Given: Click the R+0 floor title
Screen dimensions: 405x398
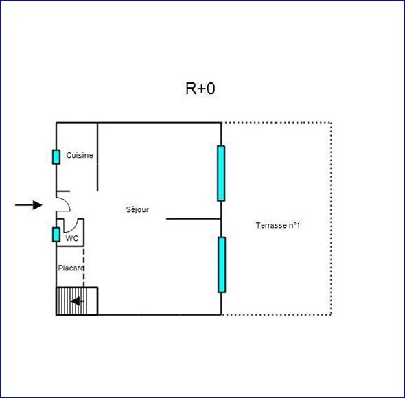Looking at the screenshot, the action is click(200, 89).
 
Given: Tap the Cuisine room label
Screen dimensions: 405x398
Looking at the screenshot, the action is click(80, 155).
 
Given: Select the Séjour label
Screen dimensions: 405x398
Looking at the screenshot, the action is click(137, 209).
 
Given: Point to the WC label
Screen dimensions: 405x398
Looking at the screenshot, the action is click(72, 238).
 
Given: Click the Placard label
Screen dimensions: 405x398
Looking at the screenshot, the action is click(71, 268).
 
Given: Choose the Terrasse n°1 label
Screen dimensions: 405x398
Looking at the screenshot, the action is click(278, 226).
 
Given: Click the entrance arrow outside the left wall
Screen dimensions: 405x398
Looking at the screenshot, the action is click(29, 205).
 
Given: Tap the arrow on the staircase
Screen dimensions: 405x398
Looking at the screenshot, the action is click(77, 301).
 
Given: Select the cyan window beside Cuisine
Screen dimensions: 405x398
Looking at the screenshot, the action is click(56, 156).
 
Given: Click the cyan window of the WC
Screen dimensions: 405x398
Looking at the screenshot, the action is click(56, 235).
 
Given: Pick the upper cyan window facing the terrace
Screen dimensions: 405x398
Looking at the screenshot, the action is click(221, 174).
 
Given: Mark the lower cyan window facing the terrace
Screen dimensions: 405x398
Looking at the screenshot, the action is click(222, 265).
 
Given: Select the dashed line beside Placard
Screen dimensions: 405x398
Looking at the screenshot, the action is click(84, 267).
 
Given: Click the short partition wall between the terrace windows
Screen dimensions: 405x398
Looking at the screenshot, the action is click(194, 219).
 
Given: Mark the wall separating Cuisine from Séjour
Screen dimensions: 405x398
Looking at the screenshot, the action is click(97, 156).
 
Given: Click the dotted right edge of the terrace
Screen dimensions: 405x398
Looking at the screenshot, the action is click(331, 218).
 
